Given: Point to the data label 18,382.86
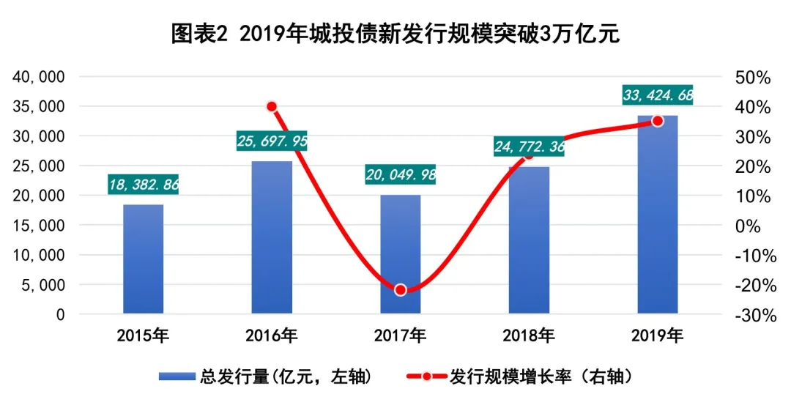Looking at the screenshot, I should (x=144, y=184).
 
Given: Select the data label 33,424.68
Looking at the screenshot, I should (x=658, y=95).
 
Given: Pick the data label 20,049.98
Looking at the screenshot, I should (x=401, y=174).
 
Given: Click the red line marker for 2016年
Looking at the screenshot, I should (x=272, y=106).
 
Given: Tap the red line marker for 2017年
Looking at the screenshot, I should (x=401, y=290).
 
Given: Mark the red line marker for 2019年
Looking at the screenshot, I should (x=658, y=121).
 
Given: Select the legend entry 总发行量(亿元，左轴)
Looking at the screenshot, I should (x=267, y=377).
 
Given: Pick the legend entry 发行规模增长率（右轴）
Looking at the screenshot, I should (x=521, y=377).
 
